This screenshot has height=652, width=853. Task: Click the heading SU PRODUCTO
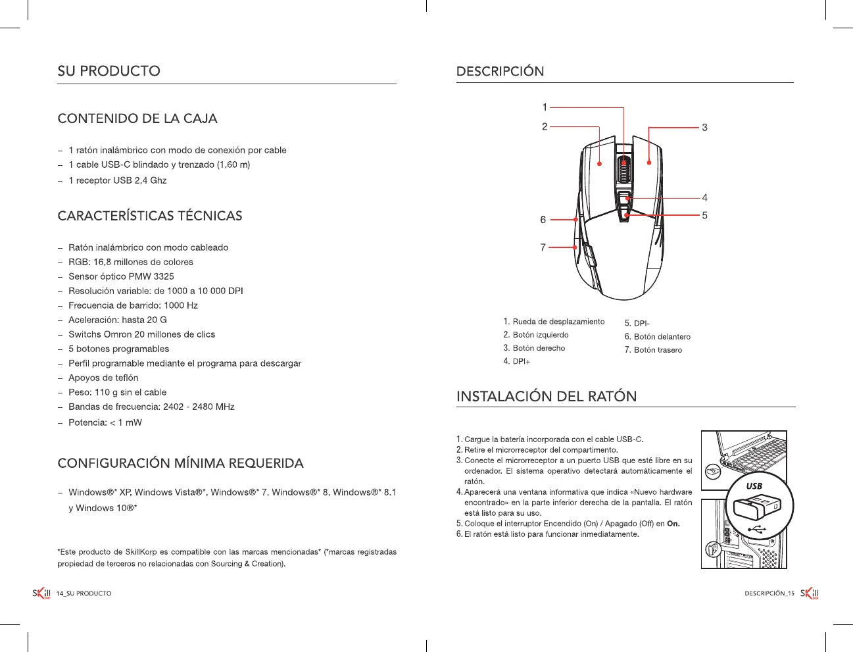(x=109, y=71)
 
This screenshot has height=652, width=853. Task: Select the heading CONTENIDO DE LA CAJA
(x=137, y=118)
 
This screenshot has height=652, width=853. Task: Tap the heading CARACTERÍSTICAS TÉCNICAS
(x=149, y=216)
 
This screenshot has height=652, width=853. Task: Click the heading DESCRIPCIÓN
(x=500, y=71)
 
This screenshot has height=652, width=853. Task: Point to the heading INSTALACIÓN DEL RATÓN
(x=546, y=396)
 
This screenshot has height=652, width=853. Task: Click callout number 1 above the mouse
(x=545, y=107)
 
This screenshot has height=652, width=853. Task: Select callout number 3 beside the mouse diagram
(x=704, y=128)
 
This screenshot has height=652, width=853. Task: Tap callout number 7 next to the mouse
(x=543, y=247)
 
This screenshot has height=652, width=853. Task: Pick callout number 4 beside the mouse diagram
(x=704, y=197)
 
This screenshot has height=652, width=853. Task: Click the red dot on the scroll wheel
(x=623, y=163)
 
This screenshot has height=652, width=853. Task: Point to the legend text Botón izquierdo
(x=541, y=335)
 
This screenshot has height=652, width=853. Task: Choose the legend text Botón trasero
(x=658, y=350)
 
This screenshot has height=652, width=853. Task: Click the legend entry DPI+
(x=522, y=362)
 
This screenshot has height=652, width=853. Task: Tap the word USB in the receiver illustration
(x=754, y=486)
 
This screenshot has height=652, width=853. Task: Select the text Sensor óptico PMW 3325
(x=121, y=276)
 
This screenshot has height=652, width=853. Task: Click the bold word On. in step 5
(x=673, y=524)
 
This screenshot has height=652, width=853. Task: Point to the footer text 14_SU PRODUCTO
(x=84, y=593)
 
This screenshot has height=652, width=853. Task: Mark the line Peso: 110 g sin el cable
(x=117, y=392)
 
